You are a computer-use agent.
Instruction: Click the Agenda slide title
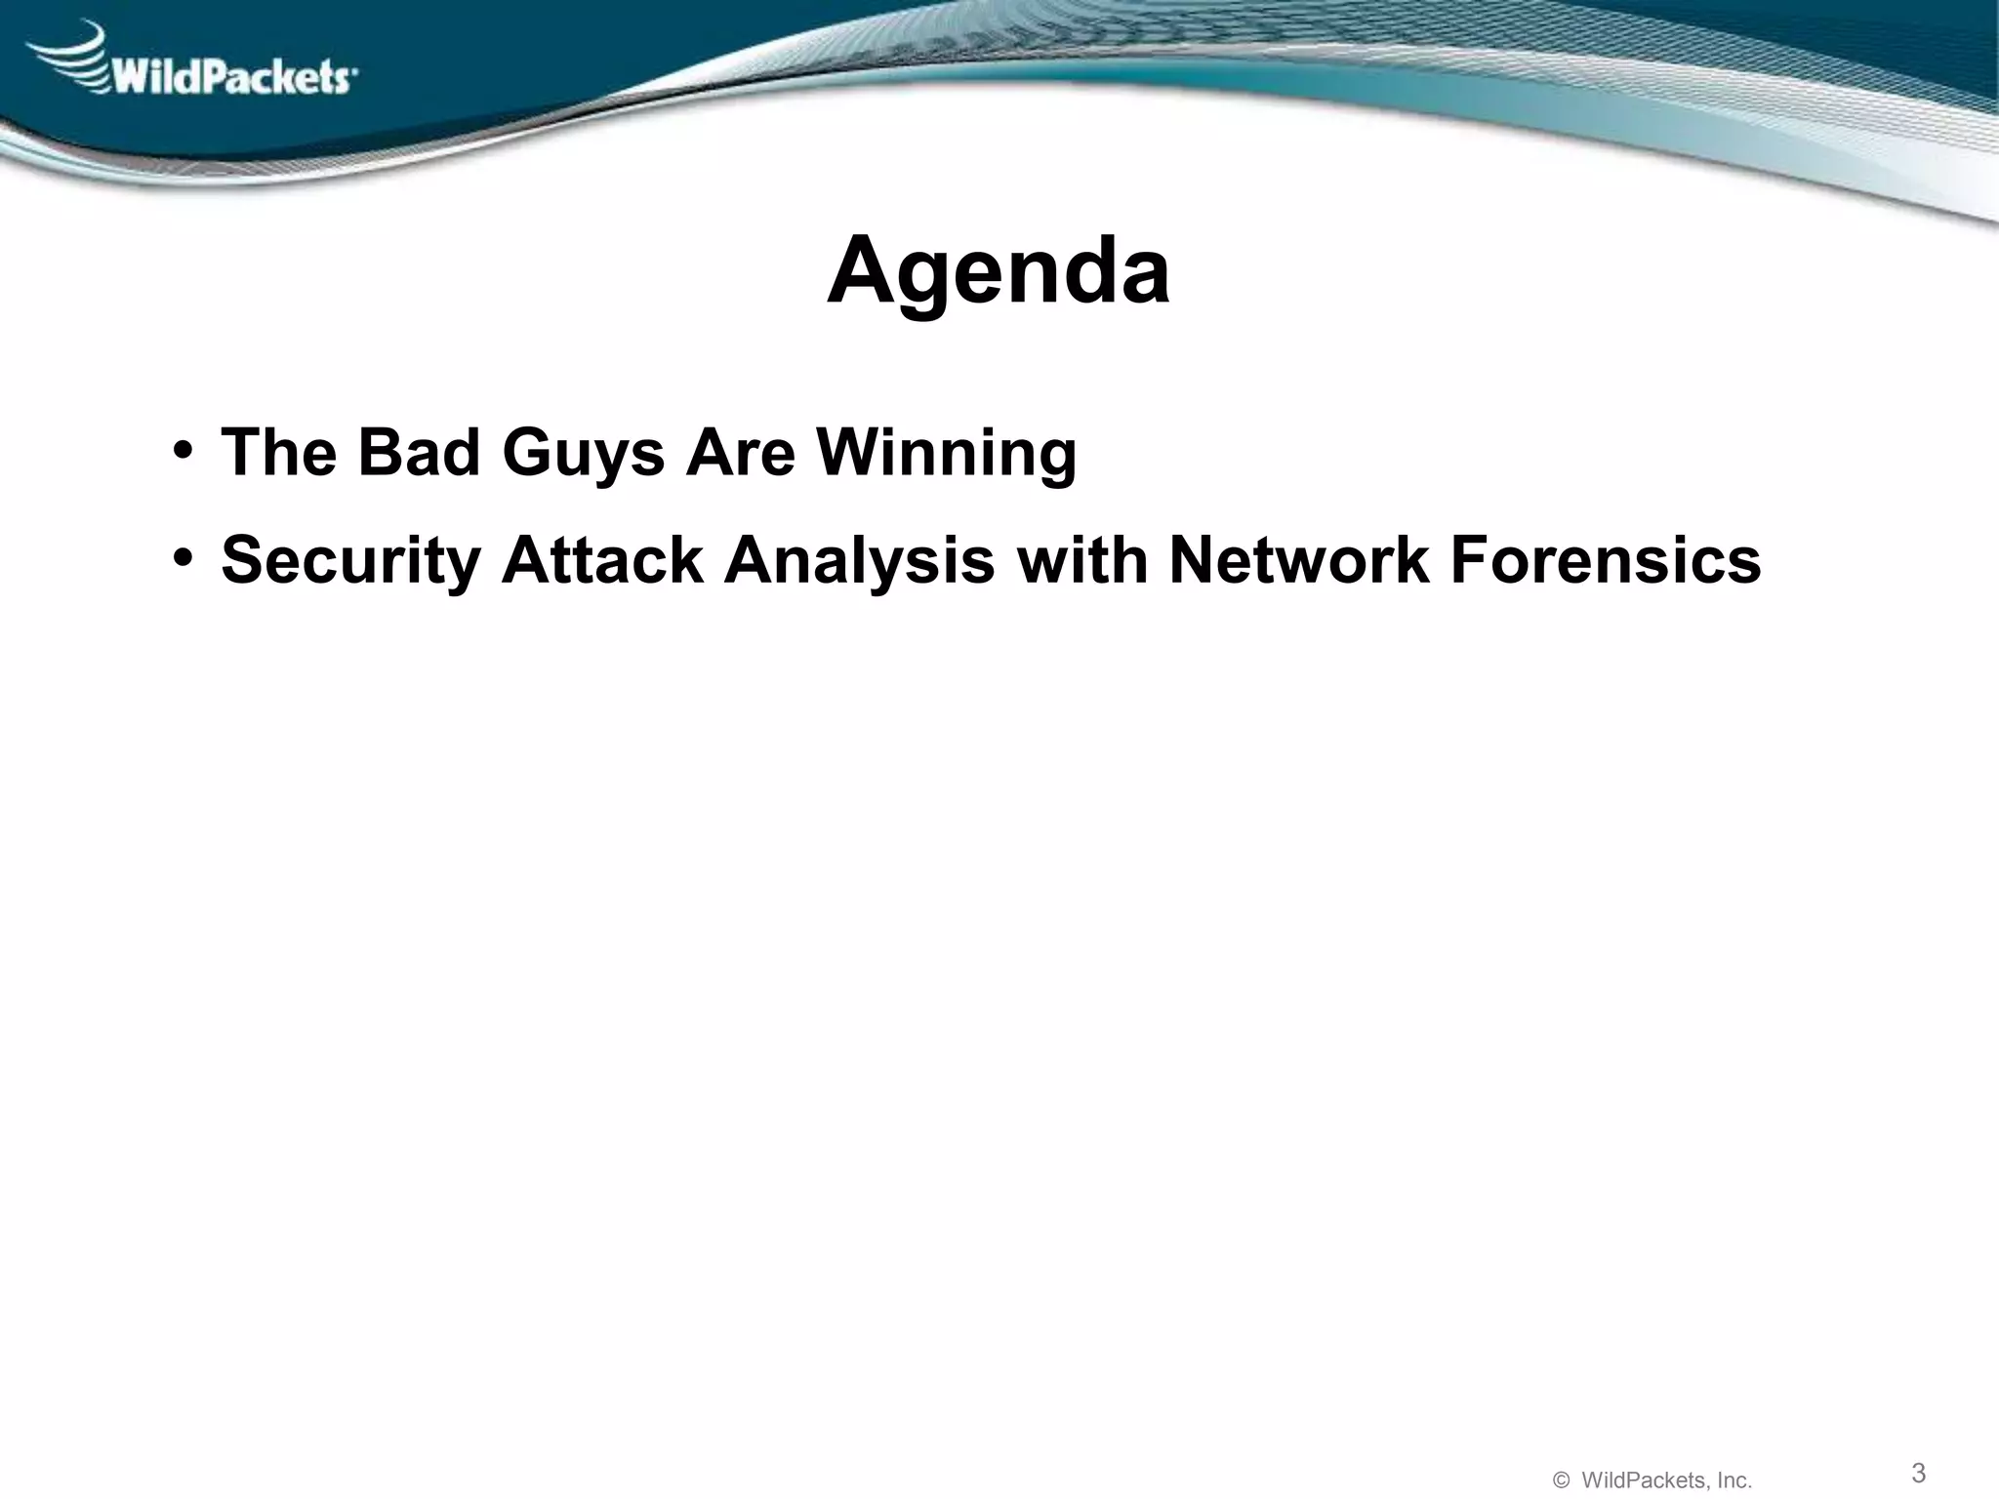(x=998, y=271)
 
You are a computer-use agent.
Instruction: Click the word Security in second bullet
(x=351, y=562)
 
